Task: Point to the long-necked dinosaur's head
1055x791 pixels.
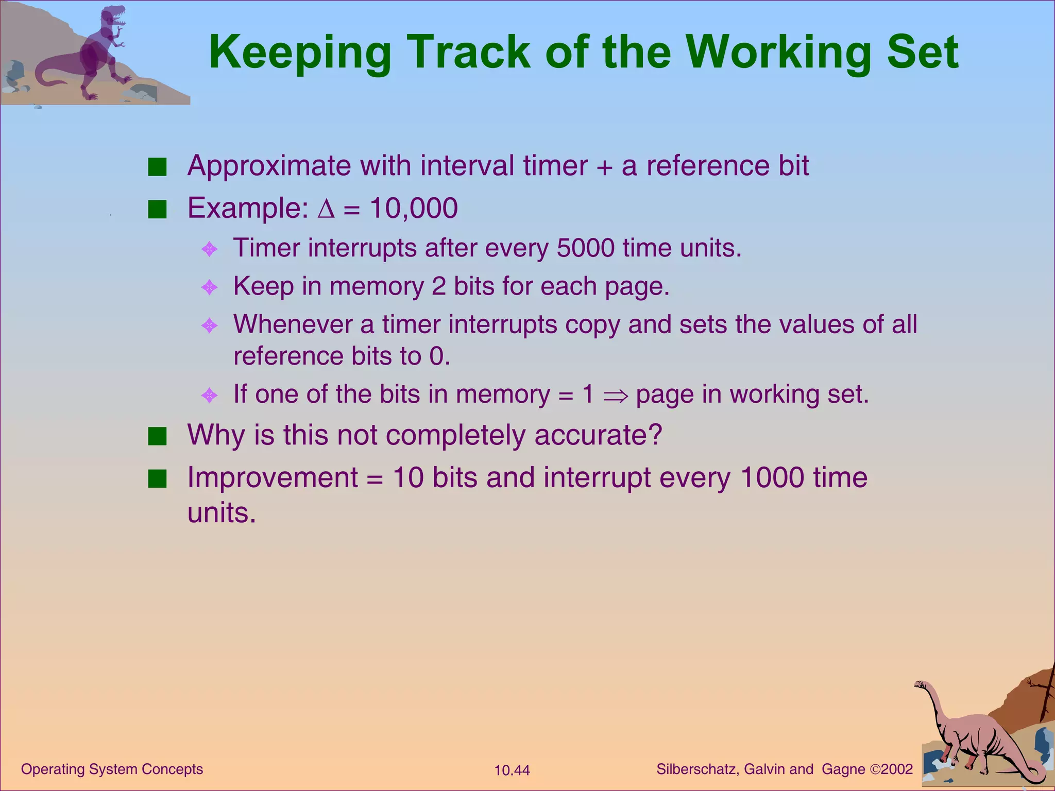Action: pos(921,684)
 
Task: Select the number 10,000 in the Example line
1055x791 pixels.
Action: pos(414,208)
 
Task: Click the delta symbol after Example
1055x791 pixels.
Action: pos(326,209)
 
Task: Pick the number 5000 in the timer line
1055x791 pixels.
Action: pos(586,248)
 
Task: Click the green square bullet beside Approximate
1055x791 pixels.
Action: pos(157,167)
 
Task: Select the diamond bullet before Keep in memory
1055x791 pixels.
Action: pos(209,287)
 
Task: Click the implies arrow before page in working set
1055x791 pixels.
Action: pos(616,395)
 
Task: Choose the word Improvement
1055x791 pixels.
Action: pos(273,477)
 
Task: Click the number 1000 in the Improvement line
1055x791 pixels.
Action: pos(772,477)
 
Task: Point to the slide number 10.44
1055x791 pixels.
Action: pos(512,770)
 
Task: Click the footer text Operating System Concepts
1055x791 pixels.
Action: pos(112,769)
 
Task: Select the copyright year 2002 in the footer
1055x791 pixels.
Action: pos(897,769)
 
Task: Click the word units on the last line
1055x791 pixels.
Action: pos(222,513)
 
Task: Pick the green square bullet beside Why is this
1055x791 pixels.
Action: pos(157,436)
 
